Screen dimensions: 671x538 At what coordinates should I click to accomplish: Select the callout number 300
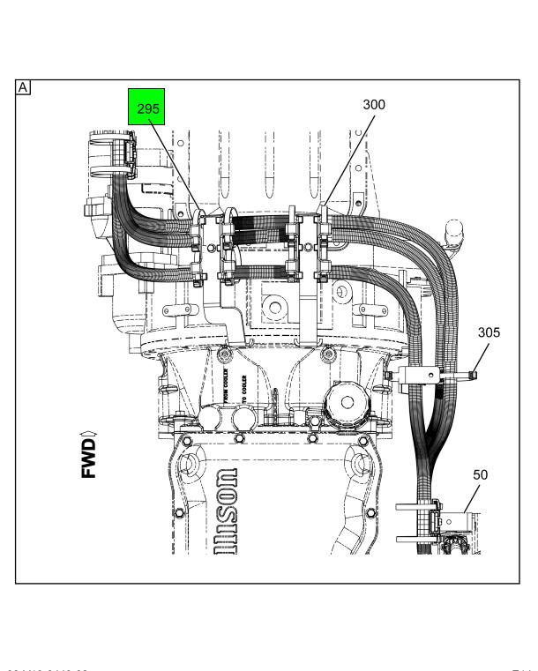pyautogui.click(x=374, y=104)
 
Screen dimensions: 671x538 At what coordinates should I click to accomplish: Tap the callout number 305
pyautogui.click(x=489, y=333)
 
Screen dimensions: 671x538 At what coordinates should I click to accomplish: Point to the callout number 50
pyautogui.click(x=481, y=474)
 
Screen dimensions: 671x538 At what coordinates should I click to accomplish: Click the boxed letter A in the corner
pyautogui.click(x=22, y=86)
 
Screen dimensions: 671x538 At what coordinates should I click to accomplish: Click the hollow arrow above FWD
pyautogui.click(x=90, y=432)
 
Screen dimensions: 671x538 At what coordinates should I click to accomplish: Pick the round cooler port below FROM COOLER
pyautogui.click(x=212, y=416)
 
